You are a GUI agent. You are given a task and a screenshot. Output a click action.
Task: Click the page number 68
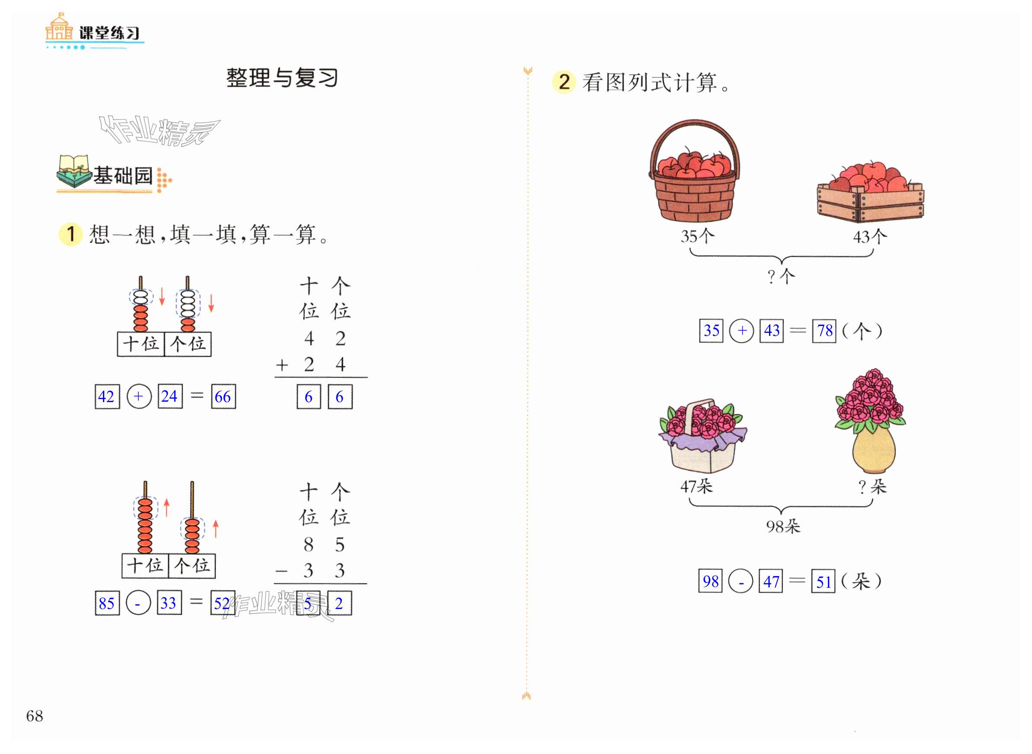[x=35, y=715]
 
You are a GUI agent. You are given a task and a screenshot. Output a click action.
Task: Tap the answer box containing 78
[x=824, y=331]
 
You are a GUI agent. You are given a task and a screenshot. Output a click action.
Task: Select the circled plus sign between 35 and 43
[x=741, y=331]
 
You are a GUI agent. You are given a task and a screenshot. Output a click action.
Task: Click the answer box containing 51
[x=823, y=581]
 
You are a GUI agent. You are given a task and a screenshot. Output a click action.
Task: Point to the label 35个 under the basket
[x=697, y=236]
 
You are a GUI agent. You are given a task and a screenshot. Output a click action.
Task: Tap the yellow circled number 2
[x=564, y=82]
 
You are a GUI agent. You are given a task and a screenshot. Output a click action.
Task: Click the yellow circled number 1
[x=71, y=234]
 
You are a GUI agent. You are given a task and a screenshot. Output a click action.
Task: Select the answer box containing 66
[x=223, y=396]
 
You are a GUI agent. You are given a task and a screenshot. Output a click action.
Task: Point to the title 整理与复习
[x=282, y=78]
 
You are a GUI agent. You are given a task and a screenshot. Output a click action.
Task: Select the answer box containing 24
[x=170, y=396]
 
